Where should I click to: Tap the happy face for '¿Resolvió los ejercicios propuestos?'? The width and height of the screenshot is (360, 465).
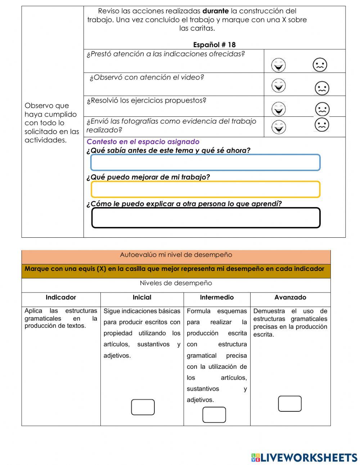click(278, 109)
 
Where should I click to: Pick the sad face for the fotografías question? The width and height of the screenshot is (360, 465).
click(322, 125)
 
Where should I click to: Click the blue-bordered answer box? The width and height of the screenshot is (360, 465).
click(205, 162)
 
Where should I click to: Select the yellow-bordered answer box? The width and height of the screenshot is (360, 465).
click(205, 189)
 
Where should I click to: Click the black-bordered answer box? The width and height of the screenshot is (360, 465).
click(206, 218)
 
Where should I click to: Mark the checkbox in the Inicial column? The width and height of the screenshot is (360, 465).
click(143, 407)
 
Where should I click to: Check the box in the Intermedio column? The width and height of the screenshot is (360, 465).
click(214, 415)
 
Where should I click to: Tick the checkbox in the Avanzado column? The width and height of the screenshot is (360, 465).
click(290, 404)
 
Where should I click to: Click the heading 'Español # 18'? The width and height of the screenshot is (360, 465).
click(214, 45)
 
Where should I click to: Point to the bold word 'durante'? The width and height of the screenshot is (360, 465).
click(215, 11)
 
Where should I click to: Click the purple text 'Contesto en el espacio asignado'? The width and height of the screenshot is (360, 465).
click(143, 142)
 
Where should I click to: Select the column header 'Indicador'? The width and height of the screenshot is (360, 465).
click(61, 298)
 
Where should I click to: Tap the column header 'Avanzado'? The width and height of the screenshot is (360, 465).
click(290, 298)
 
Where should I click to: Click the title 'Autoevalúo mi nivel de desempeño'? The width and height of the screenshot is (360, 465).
click(176, 255)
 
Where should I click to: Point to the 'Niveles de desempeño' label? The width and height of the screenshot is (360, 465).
click(176, 283)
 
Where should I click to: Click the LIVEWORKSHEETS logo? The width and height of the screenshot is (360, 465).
click(304, 457)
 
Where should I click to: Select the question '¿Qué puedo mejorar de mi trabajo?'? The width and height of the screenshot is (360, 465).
click(148, 177)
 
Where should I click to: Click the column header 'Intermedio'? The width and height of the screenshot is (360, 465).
click(217, 298)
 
